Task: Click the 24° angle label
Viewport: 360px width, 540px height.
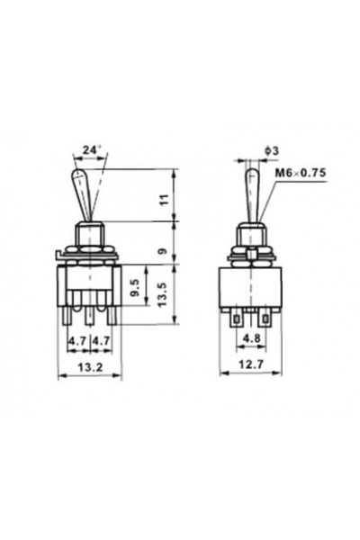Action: point(90,150)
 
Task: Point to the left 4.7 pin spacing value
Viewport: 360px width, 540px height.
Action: point(79,342)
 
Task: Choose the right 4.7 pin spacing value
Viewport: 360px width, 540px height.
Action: point(101,342)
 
